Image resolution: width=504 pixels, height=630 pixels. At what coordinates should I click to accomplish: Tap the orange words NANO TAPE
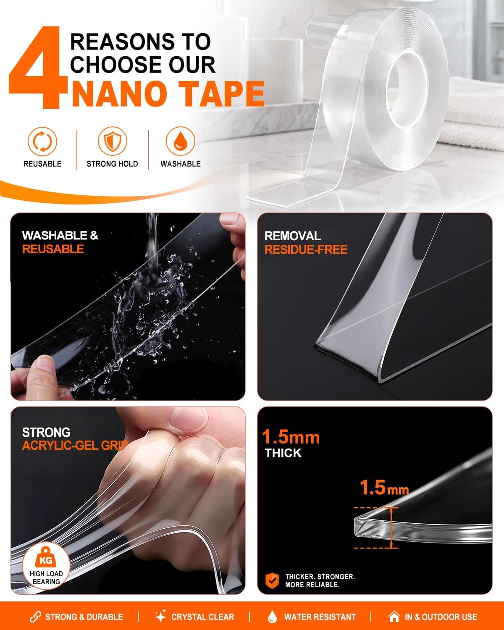[x=168, y=94]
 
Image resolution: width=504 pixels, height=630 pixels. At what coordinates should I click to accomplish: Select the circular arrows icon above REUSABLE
[x=42, y=142]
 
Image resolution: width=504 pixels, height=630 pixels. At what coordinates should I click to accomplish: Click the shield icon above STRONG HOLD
[x=113, y=141]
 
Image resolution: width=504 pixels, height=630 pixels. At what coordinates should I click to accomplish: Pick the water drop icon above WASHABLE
[x=181, y=141]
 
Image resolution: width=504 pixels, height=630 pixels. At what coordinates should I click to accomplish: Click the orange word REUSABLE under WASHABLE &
[x=53, y=249]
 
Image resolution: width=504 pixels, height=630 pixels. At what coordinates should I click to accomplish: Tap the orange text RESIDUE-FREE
[x=306, y=250]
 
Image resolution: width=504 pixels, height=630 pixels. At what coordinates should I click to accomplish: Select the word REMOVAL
[x=293, y=236]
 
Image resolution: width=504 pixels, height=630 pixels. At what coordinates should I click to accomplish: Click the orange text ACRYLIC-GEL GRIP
[x=75, y=446]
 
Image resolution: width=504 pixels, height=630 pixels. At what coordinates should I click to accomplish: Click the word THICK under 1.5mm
[x=283, y=453]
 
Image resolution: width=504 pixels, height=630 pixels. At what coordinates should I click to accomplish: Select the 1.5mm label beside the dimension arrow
[x=384, y=488]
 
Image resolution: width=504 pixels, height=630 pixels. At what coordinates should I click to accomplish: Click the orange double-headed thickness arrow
[x=391, y=528]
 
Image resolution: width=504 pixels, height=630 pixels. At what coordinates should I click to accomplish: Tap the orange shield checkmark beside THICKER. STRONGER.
[x=272, y=581]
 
